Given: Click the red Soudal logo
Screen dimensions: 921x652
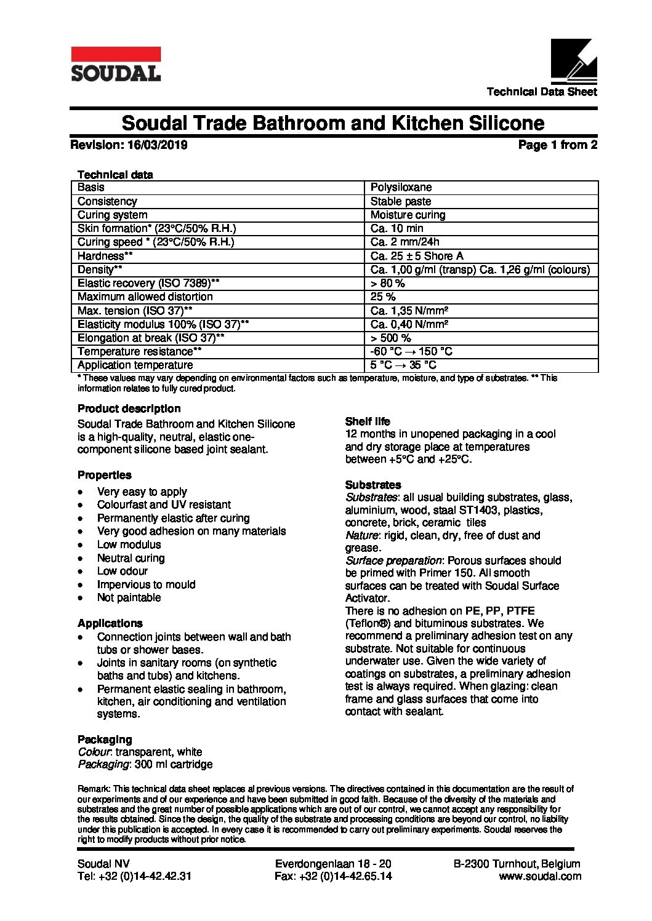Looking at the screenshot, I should (x=116, y=64).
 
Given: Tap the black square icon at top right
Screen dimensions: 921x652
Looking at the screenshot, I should (x=574, y=62).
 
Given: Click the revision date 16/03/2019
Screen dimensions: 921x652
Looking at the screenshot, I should (x=158, y=145).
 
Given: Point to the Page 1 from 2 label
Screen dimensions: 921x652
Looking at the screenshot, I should (x=557, y=145).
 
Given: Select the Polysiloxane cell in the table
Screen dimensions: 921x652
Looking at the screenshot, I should (x=401, y=187).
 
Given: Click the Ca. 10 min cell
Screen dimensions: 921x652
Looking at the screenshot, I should (x=396, y=228).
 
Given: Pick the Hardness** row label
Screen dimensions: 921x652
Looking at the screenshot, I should (x=105, y=256).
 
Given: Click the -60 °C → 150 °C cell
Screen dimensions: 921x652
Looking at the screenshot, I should (x=411, y=351).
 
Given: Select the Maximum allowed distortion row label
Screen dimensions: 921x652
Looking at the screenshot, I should (x=145, y=297).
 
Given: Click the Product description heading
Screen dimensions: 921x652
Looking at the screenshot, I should (x=129, y=409).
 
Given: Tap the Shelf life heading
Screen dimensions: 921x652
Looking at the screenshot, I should (x=368, y=421).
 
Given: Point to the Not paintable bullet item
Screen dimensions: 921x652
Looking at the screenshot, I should (x=129, y=597).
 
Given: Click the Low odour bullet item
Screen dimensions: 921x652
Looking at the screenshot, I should (x=123, y=571).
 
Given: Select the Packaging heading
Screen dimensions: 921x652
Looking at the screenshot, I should (x=105, y=740).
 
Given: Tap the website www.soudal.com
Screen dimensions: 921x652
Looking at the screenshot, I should (x=540, y=876).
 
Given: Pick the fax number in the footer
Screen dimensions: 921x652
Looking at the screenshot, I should (x=333, y=876).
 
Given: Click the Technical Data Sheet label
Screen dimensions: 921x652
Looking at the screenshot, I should (x=542, y=92).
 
